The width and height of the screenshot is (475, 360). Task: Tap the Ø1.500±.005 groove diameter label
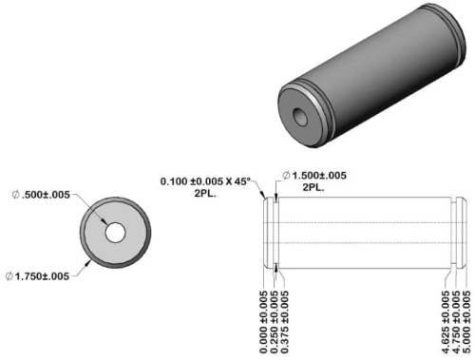321,176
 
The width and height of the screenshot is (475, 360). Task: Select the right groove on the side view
456,232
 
